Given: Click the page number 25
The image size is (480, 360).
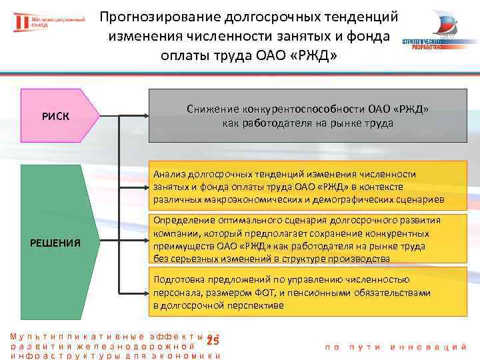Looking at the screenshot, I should pyautogui.click(x=213, y=341).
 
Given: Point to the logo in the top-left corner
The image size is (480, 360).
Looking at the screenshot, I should pyautogui.click(x=49, y=23).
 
